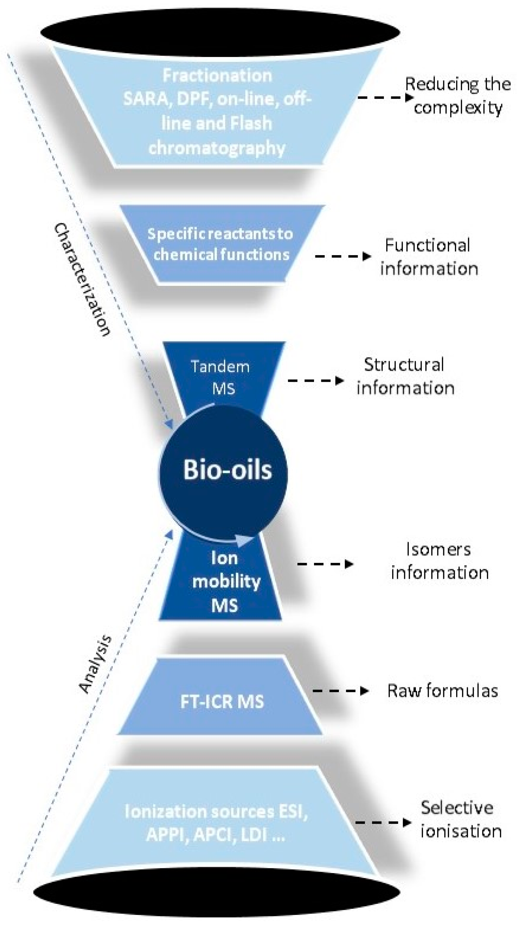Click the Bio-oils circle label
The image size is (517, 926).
coord(227,470)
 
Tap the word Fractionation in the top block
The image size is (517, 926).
coord(217,75)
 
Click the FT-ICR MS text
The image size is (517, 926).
coord(222,701)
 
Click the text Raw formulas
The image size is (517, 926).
coord(442,691)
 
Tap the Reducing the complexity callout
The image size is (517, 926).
coord(457,96)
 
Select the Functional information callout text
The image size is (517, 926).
coord(428,257)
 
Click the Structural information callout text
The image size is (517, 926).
coord(405,376)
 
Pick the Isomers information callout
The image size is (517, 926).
coord(439,561)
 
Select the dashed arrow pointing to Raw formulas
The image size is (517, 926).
coord(340,691)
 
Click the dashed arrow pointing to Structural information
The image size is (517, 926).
coord(315,380)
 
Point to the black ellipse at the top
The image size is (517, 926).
coord(220,31)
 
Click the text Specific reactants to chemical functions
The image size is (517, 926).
coord(220,244)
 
